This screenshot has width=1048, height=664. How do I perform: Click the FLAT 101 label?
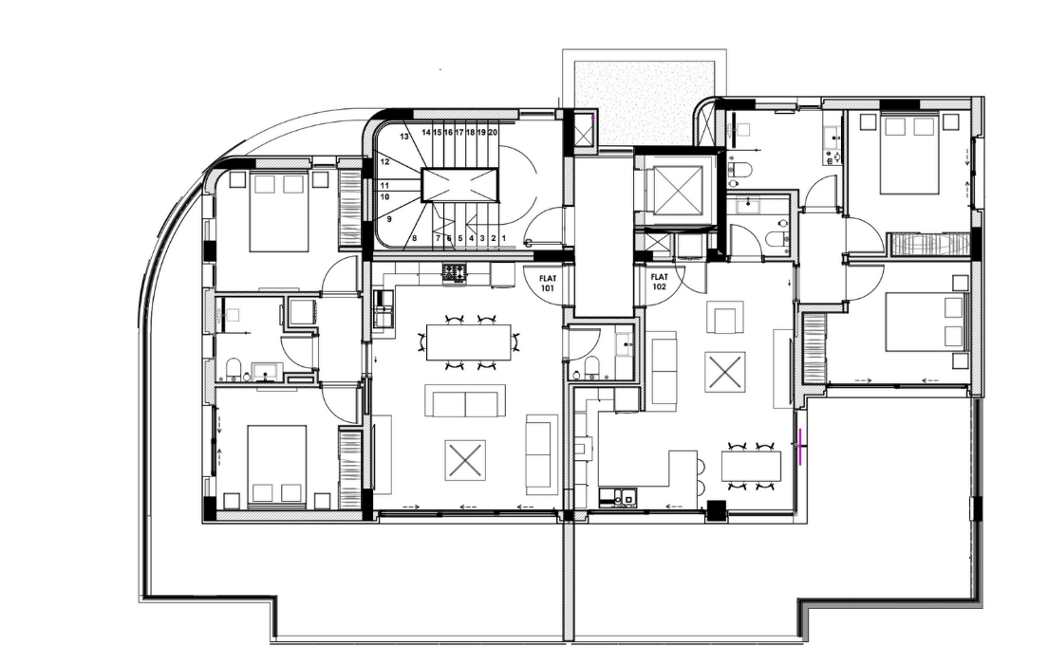click(548, 284)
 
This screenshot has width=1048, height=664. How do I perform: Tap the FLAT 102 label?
click(659, 281)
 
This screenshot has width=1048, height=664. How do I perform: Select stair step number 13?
click(404, 137)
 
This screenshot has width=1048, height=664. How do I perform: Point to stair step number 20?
click(493, 132)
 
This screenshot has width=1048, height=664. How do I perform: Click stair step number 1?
click(504, 238)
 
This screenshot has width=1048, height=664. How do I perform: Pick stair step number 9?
click(388, 219)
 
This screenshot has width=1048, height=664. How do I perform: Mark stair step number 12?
click(384, 161)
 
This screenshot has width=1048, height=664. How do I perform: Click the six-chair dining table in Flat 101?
click(469, 342)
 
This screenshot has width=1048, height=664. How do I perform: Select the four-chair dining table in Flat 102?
click(751, 466)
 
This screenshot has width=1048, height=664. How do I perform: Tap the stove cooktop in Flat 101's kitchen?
click(455, 273)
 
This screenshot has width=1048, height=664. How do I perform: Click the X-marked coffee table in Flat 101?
click(465, 459)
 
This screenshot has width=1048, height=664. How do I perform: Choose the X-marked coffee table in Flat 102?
click(724, 372)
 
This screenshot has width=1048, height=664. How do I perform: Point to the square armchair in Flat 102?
click(726, 316)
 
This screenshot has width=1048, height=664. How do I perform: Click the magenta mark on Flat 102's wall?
click(800, 446)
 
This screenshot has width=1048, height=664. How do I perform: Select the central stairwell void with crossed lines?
click(459, 184)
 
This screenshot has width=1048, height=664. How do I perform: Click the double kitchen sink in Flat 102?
click(619, 497)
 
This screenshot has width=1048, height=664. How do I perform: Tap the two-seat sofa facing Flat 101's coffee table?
click(465, 401)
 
